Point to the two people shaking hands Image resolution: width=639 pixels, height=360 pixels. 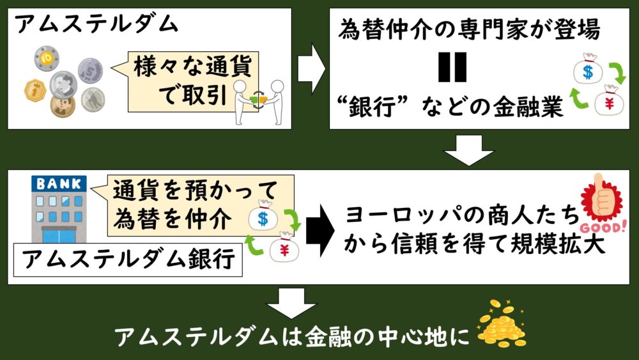(x=258, y=101)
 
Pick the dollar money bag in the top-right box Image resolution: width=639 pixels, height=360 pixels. (x=585, y=70)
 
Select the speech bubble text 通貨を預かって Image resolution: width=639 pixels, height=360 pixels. (x=196, y=191)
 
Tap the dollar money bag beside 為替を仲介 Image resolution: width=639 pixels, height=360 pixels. (x=263, y=218)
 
